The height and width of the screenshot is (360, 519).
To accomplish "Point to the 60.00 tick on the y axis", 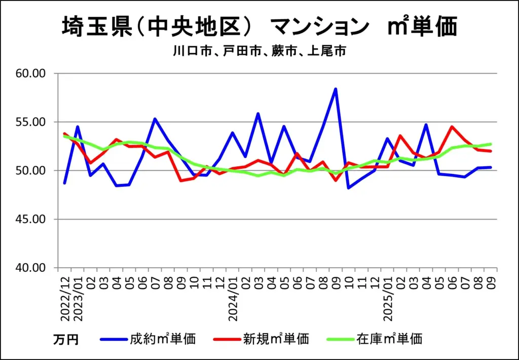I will [x=31, y=74].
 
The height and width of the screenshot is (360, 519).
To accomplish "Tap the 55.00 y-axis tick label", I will [x=31, y=122].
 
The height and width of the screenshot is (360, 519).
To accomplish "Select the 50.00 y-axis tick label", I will [x=31, y=171].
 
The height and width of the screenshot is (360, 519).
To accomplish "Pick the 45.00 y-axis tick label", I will [x=31, y=220].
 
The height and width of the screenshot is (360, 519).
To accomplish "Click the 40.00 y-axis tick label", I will [x=31, y=268].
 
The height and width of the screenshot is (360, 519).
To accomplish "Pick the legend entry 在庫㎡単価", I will [x=389, y=339].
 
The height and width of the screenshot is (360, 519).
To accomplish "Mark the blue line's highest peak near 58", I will [x=335, y=89].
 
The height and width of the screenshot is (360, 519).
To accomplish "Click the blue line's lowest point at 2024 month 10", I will [x=348, y=188].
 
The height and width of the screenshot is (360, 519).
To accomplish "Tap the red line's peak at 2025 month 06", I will [x=452, y=127].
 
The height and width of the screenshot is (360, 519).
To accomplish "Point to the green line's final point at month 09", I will [x=491, y=144].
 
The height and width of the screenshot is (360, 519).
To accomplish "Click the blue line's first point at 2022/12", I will [x=65, y=183].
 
